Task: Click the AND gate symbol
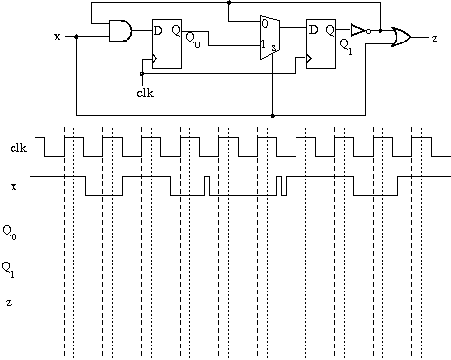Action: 121,31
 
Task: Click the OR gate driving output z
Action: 402,38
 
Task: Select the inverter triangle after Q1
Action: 358,30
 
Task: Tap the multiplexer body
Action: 269,38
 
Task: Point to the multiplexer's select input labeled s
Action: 274,48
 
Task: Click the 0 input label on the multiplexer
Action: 265,24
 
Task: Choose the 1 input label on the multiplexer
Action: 263,44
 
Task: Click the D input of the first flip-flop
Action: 158,31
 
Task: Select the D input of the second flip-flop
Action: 313,30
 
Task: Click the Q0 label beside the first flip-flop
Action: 193,41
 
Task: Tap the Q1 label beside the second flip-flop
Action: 346,47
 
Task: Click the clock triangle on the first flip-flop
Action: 155,59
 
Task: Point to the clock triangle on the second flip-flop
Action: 309,59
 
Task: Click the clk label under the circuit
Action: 145,93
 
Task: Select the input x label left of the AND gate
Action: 57,37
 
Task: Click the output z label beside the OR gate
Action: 435,38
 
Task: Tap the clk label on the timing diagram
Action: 18,148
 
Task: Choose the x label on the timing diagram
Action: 14,186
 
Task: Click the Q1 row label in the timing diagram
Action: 8,269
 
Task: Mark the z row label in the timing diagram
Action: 9,302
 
